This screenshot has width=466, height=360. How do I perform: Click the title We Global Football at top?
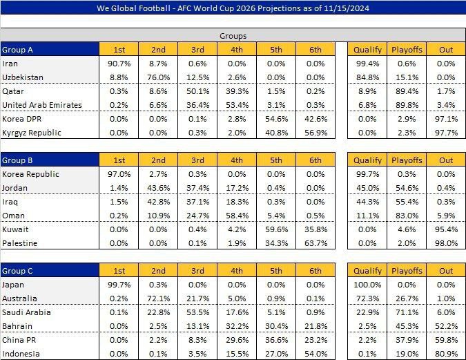pos(233,8)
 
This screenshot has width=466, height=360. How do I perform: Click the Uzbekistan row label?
pos(24,77)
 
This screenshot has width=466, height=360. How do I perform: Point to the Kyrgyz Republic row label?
pos(32,132)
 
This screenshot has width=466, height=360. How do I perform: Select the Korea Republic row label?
pos(31,174)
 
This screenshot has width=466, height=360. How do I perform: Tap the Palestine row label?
pos(21,243)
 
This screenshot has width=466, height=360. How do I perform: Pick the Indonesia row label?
pos(22,353)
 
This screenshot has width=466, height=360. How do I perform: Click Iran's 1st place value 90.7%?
pos(120,64)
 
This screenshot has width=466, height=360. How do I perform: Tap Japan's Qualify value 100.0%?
pos(367,284)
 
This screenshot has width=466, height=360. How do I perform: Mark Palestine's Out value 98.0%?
pos(446,243)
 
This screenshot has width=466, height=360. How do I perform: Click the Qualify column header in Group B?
pos(367,160)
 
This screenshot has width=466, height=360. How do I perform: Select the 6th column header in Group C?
pos(315,270)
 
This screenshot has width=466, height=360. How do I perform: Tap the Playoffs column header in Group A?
pos(407,50)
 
